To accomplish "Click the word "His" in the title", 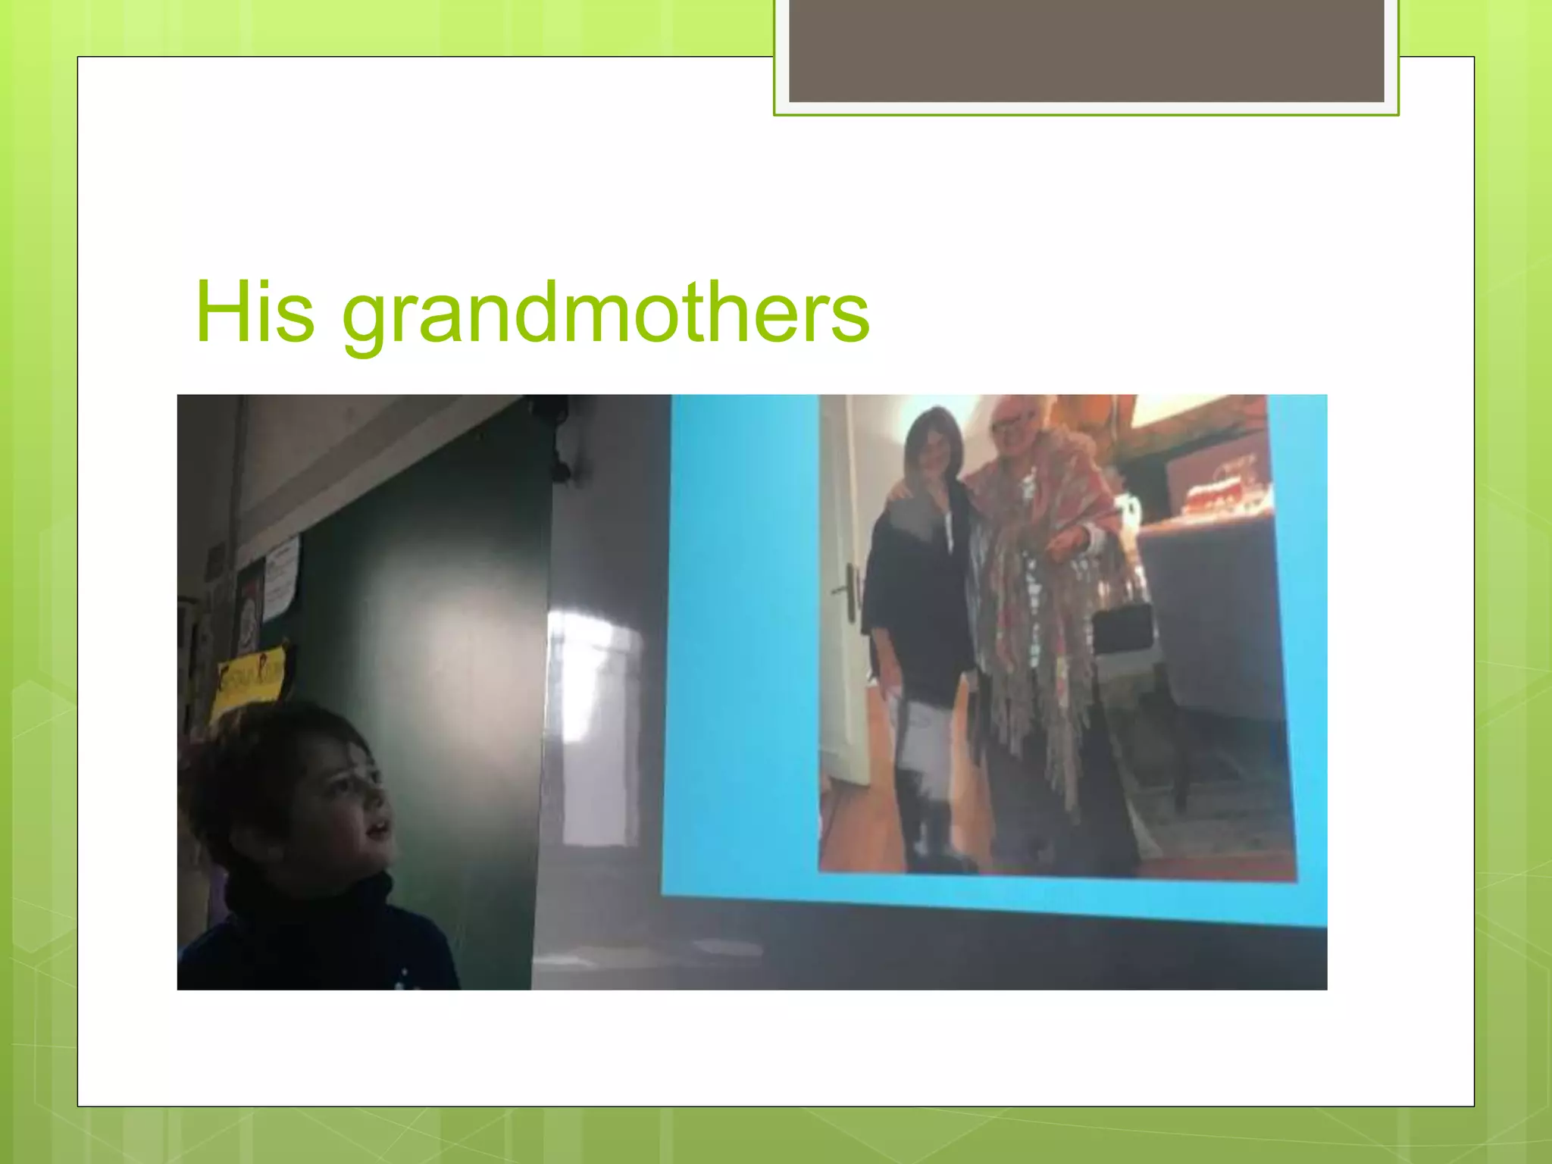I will tap(254, 312).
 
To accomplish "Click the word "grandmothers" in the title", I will tap(606, 315).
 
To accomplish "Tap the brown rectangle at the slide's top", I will tap(1086, 50).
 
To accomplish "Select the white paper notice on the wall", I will tap(280, 576).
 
